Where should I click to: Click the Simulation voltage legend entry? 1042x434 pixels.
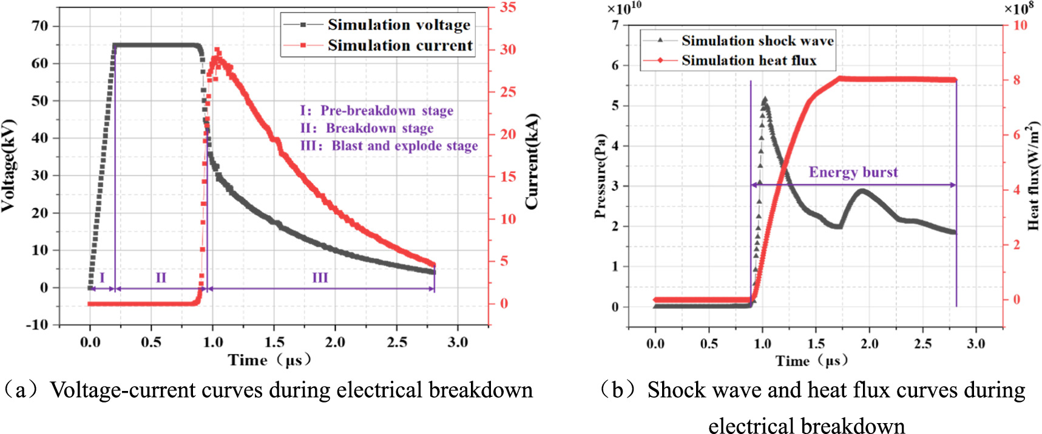coord(399,25)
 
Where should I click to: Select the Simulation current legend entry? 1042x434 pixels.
coord(400,45)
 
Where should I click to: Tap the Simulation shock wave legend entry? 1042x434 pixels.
coord(757,41)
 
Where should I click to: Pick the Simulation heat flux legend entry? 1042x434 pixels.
coord(748,61)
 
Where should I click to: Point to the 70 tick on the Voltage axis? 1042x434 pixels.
coord(40,26)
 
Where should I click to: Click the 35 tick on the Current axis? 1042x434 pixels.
coord(508,7)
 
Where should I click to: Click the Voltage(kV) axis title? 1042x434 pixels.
coord(8,165)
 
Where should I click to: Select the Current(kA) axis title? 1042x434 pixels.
coord(532,162)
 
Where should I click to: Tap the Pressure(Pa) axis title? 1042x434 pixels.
coord(600,176)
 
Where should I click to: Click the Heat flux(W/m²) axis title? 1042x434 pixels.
coord(1032,176)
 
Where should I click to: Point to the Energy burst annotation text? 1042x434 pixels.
coord(853,172)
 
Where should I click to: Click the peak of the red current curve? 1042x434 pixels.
coord(217,50)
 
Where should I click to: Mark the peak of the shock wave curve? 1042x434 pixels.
coord(765,99)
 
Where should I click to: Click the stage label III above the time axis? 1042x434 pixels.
coord(320,278)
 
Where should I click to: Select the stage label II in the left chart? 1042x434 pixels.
coord(161,278)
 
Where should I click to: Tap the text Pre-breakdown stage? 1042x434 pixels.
coord(387,111)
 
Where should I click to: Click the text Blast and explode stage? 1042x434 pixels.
coord(404,146)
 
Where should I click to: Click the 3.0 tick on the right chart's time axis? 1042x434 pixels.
coord(976,344)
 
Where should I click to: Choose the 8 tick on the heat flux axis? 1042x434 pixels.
coord(1017,80)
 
